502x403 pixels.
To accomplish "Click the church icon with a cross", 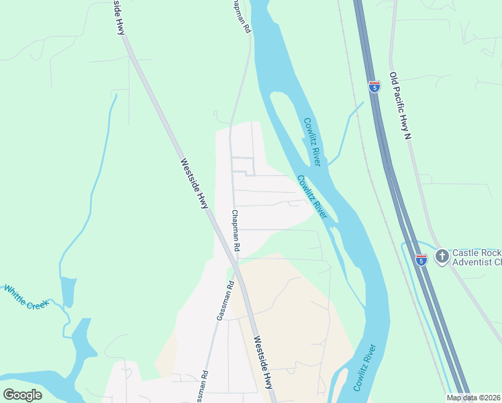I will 442,255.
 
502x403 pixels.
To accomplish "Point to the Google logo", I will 23,395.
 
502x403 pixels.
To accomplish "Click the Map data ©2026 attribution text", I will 474,398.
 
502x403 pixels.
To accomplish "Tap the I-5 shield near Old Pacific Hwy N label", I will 374,86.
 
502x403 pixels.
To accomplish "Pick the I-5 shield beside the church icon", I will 421,259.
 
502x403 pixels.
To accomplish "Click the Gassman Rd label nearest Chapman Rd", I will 224,300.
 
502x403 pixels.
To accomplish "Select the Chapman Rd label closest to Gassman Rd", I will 236,230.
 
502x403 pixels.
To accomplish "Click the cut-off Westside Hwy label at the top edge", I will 118,17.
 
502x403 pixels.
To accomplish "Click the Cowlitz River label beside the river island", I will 312,142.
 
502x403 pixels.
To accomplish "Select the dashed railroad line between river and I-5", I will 368,168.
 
